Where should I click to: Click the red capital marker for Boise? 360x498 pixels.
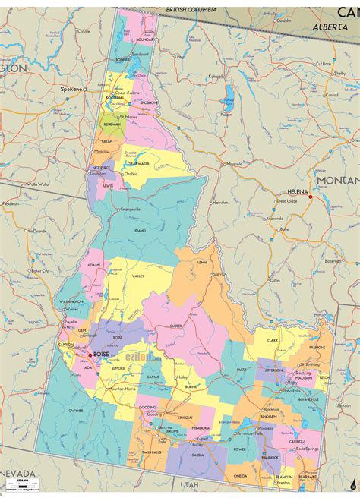pyautogui.click(x=90, y=355)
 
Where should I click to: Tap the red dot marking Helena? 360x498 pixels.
pyautogui.click(x=310, y=197)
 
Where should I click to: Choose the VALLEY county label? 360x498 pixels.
pyautogui.click(x=137, y=277)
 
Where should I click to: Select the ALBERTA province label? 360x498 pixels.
pyautogui.click(x=329, y=26)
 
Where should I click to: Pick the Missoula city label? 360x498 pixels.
pyautogui.click(x=235, y=163)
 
